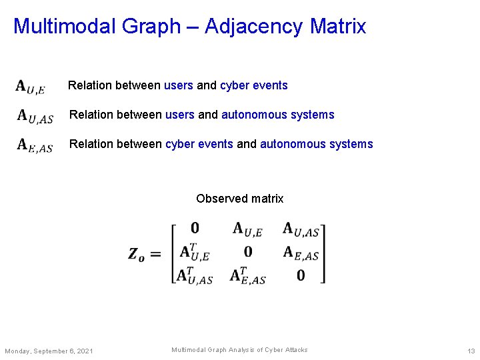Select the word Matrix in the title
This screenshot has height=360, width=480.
click(338, 27)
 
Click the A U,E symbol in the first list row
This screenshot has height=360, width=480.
click(31, 87)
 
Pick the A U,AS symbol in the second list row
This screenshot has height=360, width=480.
click(35, 116)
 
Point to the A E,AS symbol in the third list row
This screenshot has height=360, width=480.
click(35, 145)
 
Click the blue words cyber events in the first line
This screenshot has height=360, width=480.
click(254, 85)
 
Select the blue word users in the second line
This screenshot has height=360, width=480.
click(180, 115)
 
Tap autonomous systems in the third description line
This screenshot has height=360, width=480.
click(316, 144)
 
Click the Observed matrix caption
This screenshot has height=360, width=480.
click(240, 199)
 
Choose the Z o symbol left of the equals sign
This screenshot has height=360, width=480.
click(136, 254)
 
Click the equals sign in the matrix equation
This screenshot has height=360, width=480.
click(155, 254)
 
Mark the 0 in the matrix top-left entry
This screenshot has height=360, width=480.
click(195, 229)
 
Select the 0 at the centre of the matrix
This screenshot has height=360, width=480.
click(248, 251)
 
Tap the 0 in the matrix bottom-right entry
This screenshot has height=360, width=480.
click(301, 275)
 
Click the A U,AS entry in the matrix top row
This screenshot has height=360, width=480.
click(301, 229)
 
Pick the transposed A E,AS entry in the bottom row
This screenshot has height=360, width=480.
click(247, 275)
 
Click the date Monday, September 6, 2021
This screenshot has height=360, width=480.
click(49, 351)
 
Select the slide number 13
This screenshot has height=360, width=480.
click(471, 351)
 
